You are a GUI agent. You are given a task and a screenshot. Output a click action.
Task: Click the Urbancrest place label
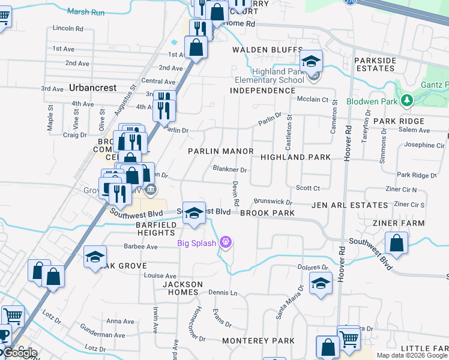pyautogui.click(x=92, y=88)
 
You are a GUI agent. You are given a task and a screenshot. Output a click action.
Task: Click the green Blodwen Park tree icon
pyautogui.click(x=408, y=100)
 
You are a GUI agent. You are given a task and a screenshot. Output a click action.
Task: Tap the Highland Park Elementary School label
pyautogui.click(x=270, y=76)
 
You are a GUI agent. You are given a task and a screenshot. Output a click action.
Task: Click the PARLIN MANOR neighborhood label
pyautogui.click(x=220, y=151)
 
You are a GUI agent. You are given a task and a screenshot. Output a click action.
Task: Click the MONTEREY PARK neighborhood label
pyautogui.click(x=258, y=341)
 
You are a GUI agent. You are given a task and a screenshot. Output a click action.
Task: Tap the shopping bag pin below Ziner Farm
pyautogui.click(x=396, y=244)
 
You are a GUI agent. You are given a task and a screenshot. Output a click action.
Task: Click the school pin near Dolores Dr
pyautogui.click(x=321, y=283)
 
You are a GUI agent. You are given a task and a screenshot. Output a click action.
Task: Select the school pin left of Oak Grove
pyautogui.click(x=95, y=257)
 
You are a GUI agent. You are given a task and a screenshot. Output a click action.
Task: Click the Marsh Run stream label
pyautogui.click(x=86, y=11)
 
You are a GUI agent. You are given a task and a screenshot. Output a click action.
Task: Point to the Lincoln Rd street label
pyautogui.click(x=68, y=28)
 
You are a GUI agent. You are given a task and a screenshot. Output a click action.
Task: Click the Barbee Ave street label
pyautogui.click(x=141, y=246)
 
